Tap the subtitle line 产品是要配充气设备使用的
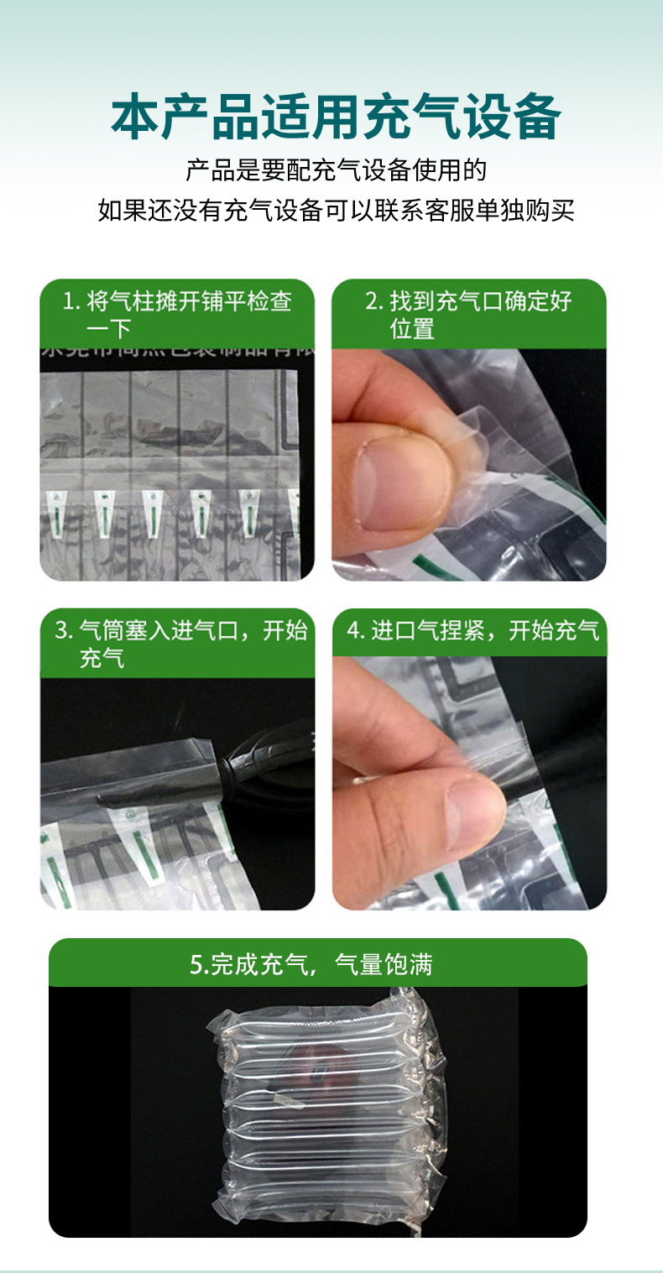[x=336, y=170]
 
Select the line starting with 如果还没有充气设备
[x=336, y=210]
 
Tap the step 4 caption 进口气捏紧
[x=473, y=631]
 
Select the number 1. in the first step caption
[x=71, y=301]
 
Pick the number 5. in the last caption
[x=199, y=965]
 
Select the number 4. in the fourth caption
[x=355, y=631]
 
